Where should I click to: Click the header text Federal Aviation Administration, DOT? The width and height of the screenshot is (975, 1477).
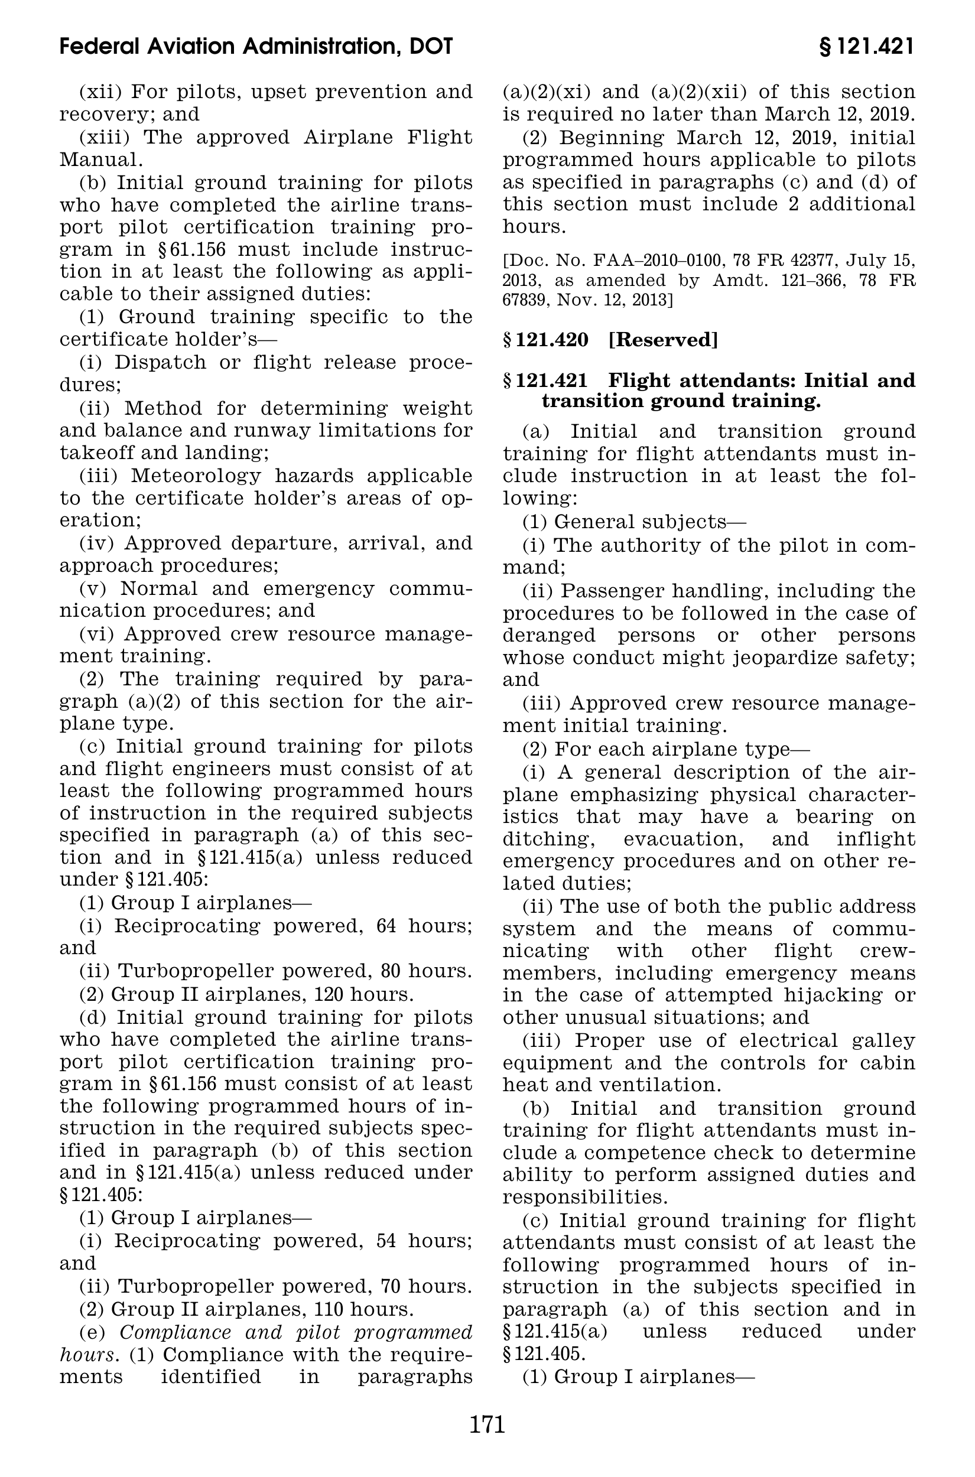coord(256,47)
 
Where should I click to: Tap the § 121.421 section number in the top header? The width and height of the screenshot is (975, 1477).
coord(867,47)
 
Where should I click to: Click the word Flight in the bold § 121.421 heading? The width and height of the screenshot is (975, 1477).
coord(642,380)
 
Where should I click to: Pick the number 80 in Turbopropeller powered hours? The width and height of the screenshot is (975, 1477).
coord(375,970)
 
